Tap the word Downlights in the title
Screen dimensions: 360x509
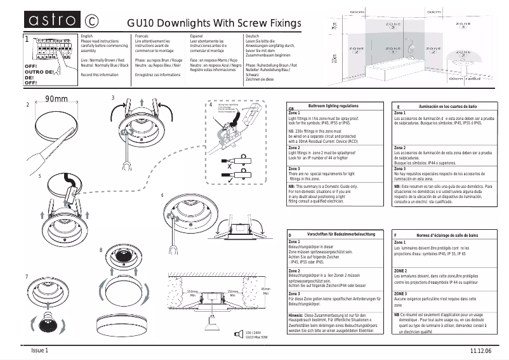187,23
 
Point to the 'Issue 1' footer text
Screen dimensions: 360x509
40,350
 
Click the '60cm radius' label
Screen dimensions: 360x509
462,79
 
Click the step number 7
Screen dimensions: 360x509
26,277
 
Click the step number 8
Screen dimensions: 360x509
101,250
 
